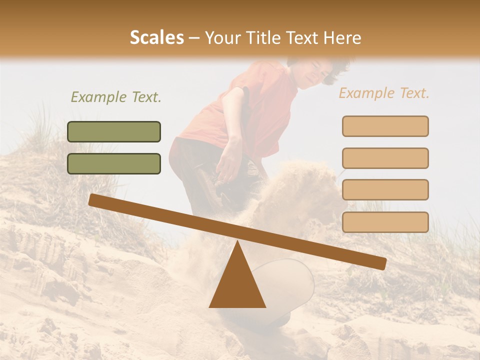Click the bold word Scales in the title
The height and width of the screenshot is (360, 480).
click(x=156, y=37)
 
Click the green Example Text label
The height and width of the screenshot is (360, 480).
click(x=116, y=97)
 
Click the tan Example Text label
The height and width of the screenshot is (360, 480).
click(x=384, y=93)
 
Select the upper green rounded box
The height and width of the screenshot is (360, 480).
click(x=114, y=131)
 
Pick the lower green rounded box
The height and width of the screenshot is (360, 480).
click(x=114, y=163)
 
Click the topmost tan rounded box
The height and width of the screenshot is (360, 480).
click(x=385, y=126)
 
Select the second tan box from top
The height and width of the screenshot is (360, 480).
click(x=385, y=158)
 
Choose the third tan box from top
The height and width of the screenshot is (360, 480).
click(x=385, y=189)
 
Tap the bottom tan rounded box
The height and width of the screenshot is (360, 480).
click(x=385, y=222)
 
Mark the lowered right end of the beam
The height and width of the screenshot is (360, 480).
click(x=380, y=263)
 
